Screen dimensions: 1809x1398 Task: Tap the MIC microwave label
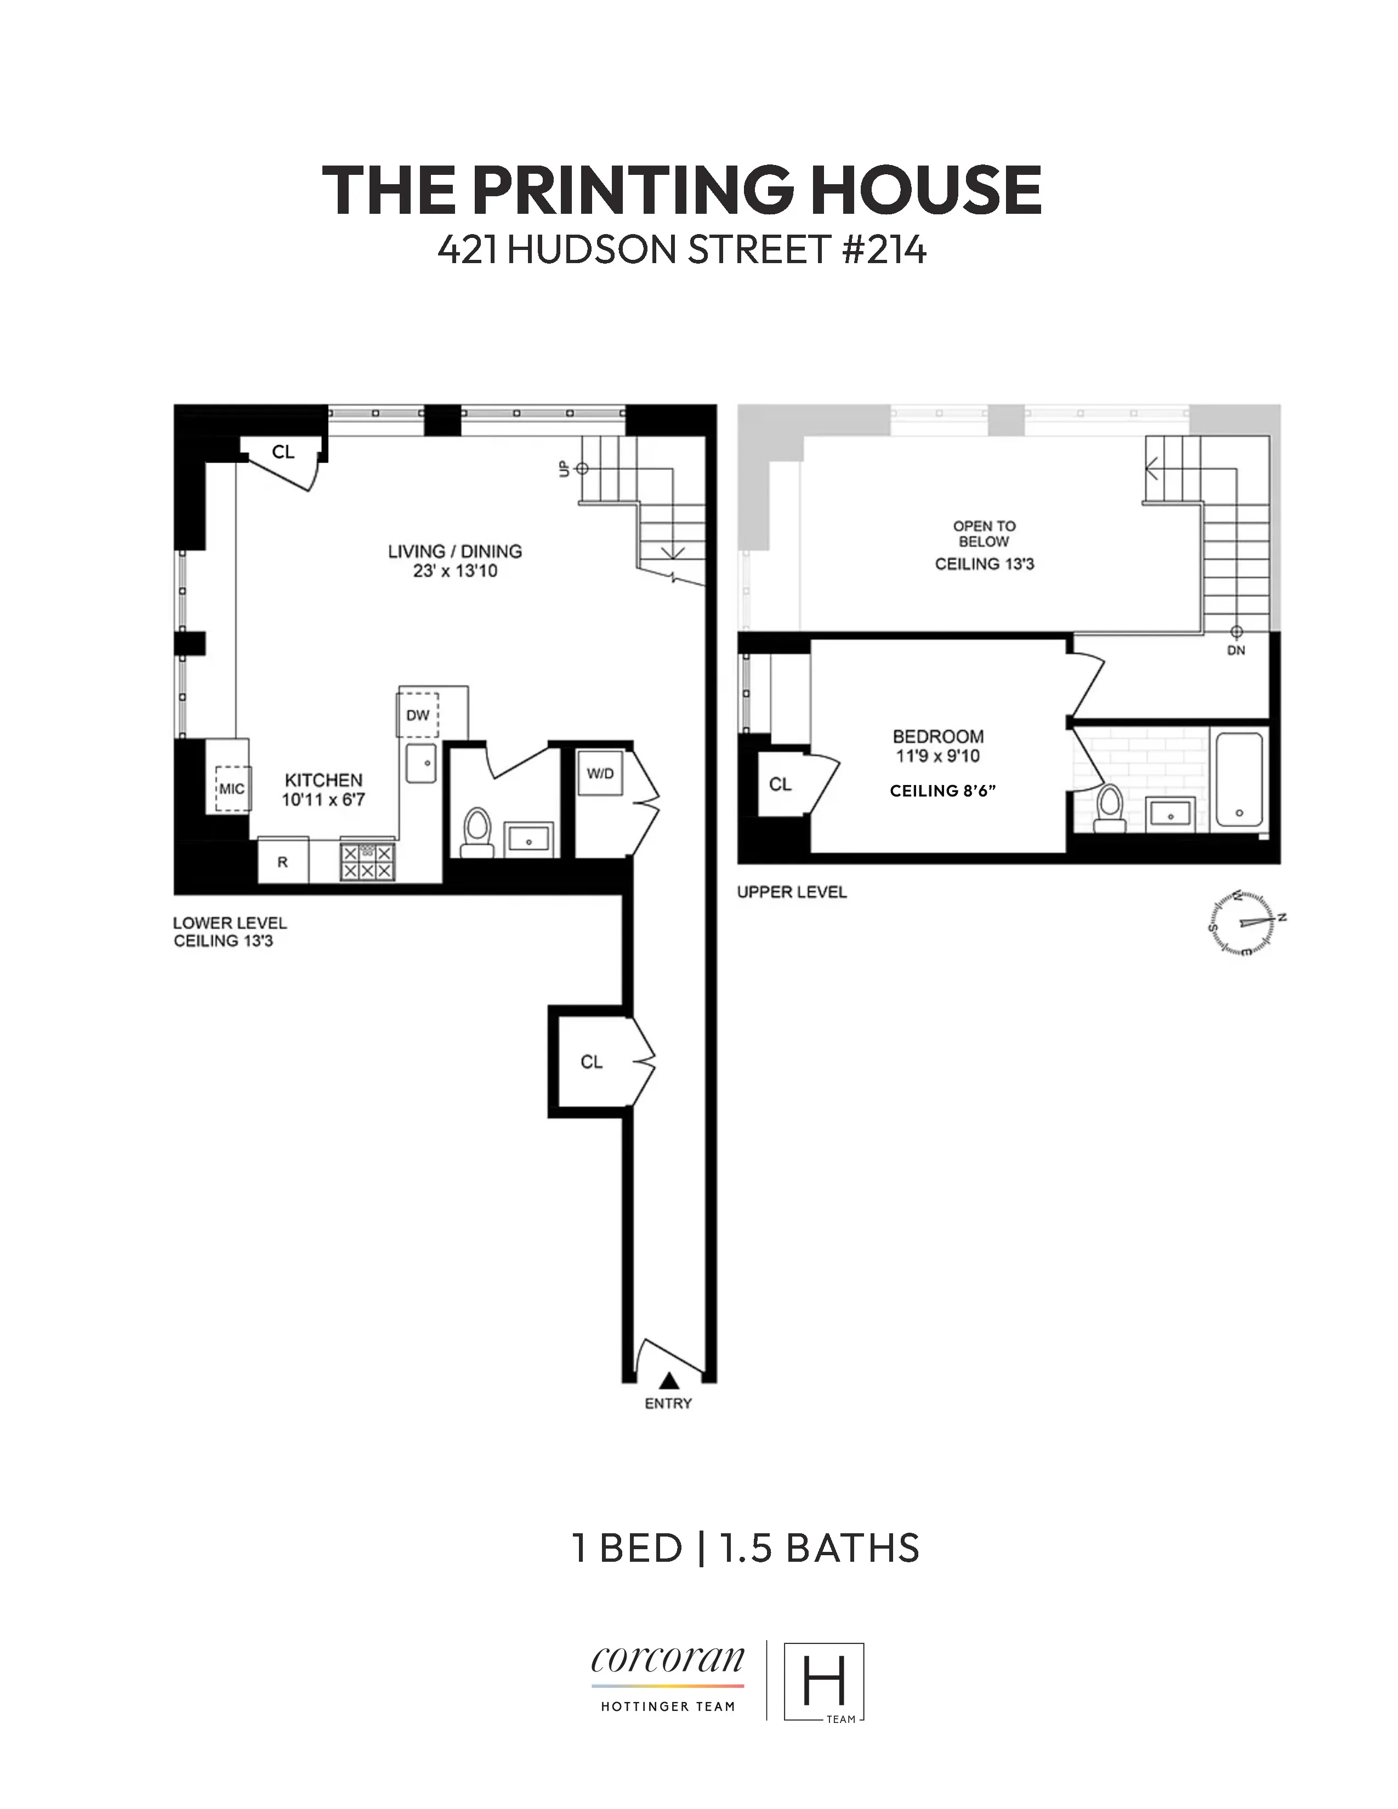pos(231,788)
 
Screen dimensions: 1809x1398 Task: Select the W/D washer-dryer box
pos(600,773)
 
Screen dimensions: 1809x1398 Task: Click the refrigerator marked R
pos(282,861)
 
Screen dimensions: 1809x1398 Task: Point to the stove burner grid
pos(367,861)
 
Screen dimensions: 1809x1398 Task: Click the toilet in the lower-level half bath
pos(476,831)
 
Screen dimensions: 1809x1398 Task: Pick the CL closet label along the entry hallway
pos(592,1062)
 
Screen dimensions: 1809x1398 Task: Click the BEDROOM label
pos(937,736)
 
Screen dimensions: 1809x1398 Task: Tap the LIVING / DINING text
pos(454,551)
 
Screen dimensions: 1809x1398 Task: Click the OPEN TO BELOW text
pos(984,533)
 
